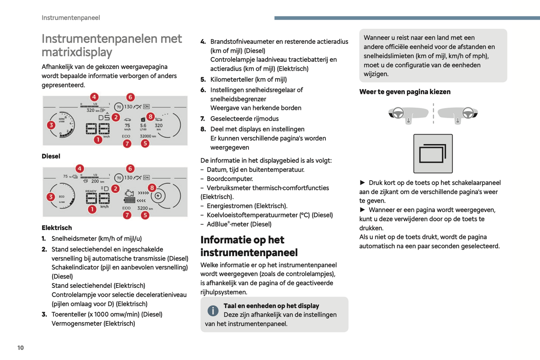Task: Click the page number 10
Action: pyautogui.click(x=21, y=348)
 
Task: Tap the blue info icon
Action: pyautogui.click(x=213, y=310)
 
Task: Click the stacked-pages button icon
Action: pyautogui.click(x=433, y=154)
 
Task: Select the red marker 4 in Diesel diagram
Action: pyautogui.click(x=94, y=97)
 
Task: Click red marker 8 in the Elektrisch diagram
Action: pyautogui.click(x=152, y=188)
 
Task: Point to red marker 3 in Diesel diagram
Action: pyautogui.click(x=51, y=125)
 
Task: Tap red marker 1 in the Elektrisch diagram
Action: pyautogui.click(x=92, y=209)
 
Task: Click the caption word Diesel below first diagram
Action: pyautogui.click(x=51, y=156)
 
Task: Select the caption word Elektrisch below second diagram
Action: pyautogui.click(x=57, y=228)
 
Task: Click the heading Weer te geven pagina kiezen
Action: pyautogui.click(x=405, y=92)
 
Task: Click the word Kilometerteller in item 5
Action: pyautogui.click(x=230, y=80)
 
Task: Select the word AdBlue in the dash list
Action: pyautogui.click(x=217, y=224)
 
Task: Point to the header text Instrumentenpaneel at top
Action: pyautogui.click(x=71, y=18)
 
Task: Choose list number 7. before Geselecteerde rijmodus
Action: pyautogui.click(x=203, y=119)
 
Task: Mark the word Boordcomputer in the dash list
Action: pyautogui.click(x=230, y=179)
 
